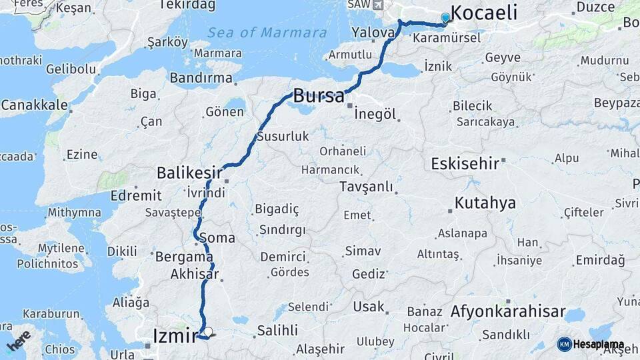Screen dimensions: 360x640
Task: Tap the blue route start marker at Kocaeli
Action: coord(445,18)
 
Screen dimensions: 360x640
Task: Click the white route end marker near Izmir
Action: coord(208,331)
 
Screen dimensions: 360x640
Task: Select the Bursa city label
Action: coord(319,95)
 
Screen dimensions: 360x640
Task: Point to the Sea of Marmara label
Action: coord(267,33)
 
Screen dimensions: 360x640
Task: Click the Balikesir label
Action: coord(189,173)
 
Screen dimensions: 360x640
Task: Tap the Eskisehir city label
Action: coord(465,164)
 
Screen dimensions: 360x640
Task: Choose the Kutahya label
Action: coord(485,203)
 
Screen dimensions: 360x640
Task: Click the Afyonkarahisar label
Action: coord(508,311)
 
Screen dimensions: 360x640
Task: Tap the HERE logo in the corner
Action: coord(18,341)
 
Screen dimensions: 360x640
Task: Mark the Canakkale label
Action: coord(34,105)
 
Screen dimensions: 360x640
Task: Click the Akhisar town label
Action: coord(195,274)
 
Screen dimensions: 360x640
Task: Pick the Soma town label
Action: coord(222,237)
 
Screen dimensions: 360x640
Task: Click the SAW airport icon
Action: coord(379,5)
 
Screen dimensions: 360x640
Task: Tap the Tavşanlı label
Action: coord(366,187)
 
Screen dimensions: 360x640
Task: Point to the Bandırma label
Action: coord(201,78)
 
